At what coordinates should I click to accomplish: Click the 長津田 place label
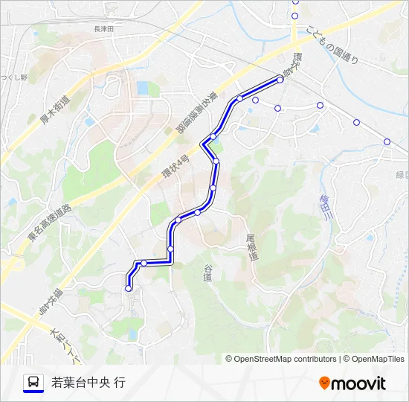click(103, 28)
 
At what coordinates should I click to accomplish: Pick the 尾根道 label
click(253, 246)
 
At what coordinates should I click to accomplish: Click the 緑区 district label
click(402, 174)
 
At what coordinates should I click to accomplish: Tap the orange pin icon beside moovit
click(324, 383)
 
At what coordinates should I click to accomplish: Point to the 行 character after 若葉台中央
click(120, 383)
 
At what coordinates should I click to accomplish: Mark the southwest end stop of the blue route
click(129, 289)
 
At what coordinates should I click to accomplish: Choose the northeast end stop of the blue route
click(280, 79)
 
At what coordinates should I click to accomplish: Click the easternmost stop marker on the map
click(387, 141)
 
